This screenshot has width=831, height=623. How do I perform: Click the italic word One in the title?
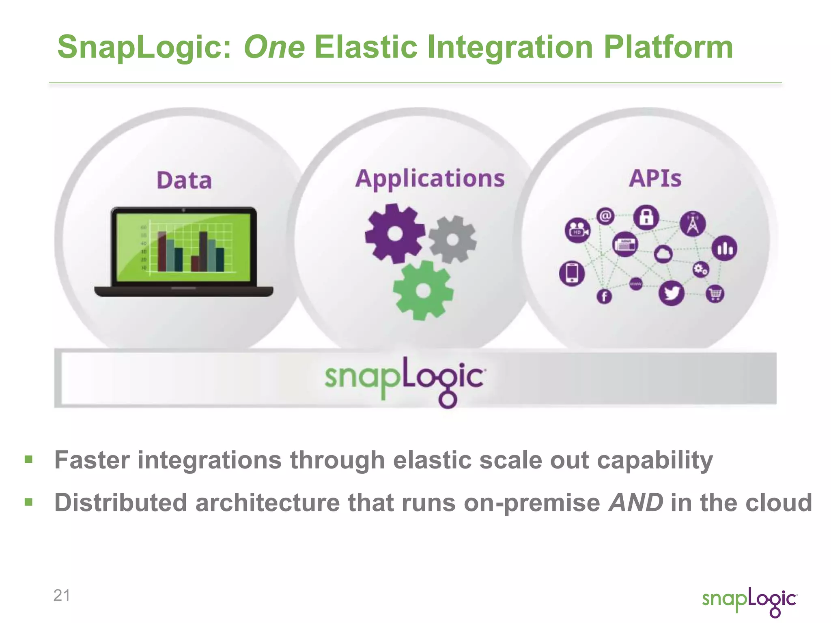pos(274,47)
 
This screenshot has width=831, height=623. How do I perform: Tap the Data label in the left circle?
pos(184,180)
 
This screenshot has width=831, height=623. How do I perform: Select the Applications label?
pos(430,178)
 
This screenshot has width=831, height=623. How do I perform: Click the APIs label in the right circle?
pos(655,178)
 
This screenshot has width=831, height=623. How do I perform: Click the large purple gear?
pos(395,234)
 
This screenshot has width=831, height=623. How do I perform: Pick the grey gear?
pos(453,239)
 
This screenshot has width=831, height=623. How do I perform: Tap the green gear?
pos(423,290)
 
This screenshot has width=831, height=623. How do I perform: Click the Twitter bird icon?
pos(672,293)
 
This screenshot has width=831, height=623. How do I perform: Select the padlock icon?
pos(646,217)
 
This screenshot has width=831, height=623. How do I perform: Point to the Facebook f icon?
pos(604,296)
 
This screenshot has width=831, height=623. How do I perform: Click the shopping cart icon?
pos(715,294)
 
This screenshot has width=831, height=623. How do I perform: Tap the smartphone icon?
pos(572,273)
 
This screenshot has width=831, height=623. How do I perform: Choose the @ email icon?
pos(605,216)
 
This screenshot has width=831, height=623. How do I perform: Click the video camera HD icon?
pos(577,230)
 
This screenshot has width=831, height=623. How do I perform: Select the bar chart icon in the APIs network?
pos(724,248)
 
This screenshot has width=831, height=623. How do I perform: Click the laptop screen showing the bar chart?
pos(184,247)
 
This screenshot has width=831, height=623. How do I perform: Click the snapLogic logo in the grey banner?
pos(405,380)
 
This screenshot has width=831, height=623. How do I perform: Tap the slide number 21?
pos(62,595)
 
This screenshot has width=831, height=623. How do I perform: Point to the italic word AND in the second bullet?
pos(635,503)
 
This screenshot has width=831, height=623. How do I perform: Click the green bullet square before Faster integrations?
pos(28,460)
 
